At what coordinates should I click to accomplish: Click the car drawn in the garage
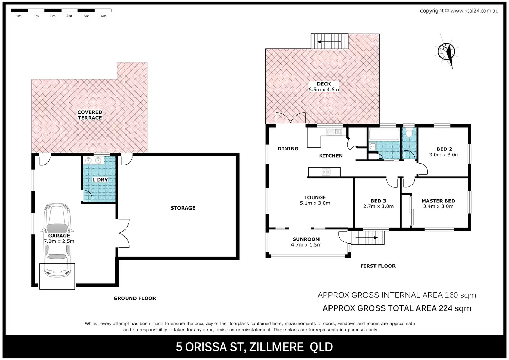click(x=57, y=240)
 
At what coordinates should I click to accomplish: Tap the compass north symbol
click(x=446, y=52)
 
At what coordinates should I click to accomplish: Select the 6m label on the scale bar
click(x=103, y=16)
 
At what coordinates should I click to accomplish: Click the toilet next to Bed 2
click(x=409, y=132)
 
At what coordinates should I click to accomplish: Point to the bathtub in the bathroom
click(x=384, y=135)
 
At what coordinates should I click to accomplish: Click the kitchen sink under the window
click(x=334, y=131)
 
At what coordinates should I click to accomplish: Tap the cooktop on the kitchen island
click(x=326, y=172)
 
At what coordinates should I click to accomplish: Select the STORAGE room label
click(x=183, y=208)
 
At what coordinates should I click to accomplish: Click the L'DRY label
click(x=100, y=179)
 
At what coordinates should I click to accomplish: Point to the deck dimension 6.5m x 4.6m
click(x=324, y=90)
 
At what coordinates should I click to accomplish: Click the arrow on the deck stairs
click(x=329, y=42)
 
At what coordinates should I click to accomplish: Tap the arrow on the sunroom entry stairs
click(x=367, y=238)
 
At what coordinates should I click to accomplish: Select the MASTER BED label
click(x=438, y=201)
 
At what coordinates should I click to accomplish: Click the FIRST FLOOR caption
click(x=378, y=266)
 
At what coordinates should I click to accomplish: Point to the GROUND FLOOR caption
click(x=135, y=298)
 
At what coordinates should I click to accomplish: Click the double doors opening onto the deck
click(x=290, y=118)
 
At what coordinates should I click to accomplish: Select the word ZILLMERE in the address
click(x=276, y=347)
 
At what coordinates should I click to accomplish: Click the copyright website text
click(x=459, y=11)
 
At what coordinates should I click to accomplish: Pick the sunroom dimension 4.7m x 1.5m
click(x=306, y=245)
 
